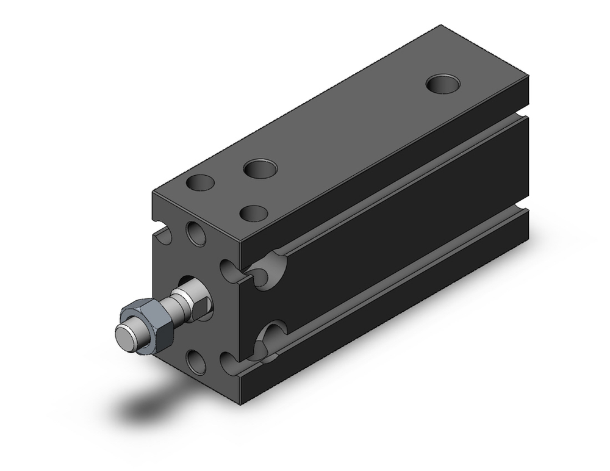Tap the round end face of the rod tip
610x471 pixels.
[126, 336]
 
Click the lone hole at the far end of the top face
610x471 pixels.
[443, 84]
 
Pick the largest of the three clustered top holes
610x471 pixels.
[260, 168]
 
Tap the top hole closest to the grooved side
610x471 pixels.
[254, 213]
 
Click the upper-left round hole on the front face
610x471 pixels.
[196, 234]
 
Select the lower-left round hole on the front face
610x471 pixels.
[196, 361]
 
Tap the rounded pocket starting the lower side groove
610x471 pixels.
[271, 337]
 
